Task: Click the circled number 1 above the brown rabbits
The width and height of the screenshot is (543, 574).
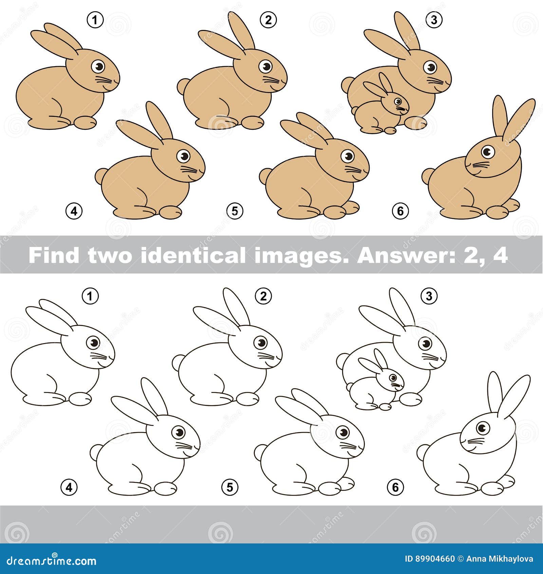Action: [95, 20]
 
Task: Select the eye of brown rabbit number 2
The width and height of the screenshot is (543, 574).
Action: [265, 66]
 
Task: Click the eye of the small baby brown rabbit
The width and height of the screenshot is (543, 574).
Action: [397, 101]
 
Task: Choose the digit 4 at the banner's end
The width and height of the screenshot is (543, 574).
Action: [500, 255]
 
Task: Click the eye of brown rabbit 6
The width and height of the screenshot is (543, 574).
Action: [488, 151]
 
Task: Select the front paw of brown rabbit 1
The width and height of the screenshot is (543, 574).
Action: [85, 122]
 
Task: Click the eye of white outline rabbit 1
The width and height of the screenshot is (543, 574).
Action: [93, 343]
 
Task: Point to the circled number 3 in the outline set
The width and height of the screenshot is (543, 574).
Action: [429, 296]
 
